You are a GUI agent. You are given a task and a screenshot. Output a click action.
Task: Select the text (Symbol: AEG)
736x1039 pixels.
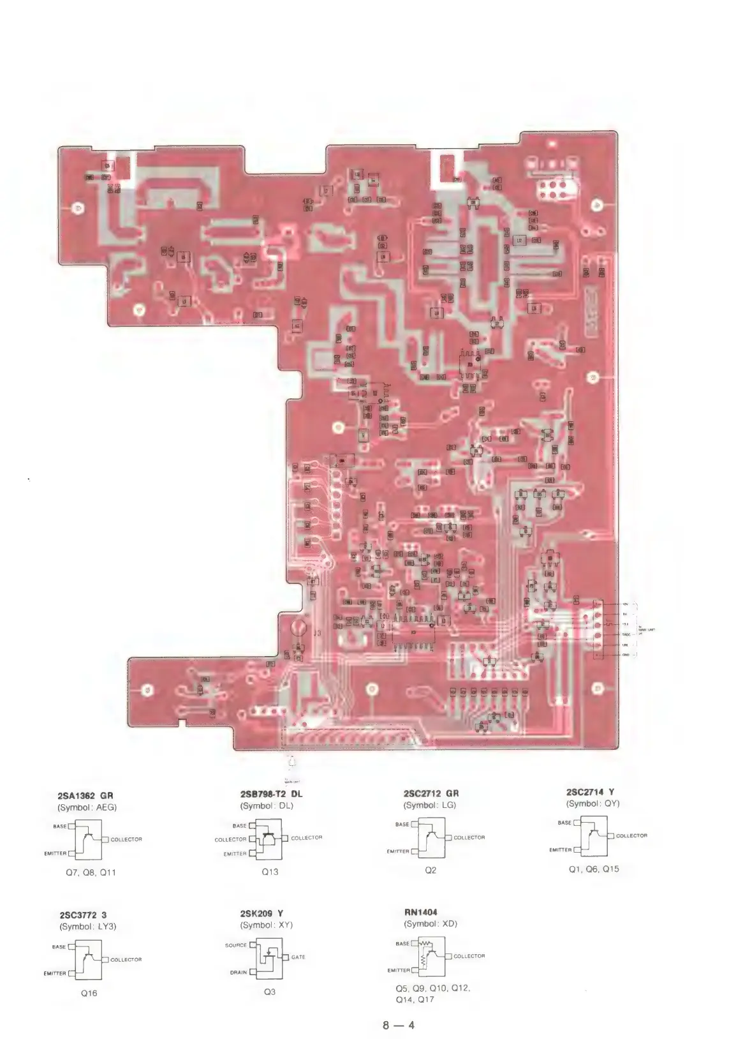click(88, 807)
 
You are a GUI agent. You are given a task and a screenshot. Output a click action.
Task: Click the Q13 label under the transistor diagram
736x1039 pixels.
click(270, 871)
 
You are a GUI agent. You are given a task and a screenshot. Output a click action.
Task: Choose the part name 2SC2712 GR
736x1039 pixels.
click(431, 793)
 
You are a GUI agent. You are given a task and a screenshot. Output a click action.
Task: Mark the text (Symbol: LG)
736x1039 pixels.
click(431, 805)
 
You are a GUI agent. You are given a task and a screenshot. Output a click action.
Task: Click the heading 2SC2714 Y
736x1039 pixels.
click(591, 792)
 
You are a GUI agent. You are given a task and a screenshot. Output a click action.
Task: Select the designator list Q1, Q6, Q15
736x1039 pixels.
click(594, 869)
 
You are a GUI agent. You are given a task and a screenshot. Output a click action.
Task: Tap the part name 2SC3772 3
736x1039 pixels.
click(84, 915)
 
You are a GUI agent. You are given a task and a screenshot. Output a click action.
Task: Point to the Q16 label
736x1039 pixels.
click(89, 993)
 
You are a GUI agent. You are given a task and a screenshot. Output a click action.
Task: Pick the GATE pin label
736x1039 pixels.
click(298, 957)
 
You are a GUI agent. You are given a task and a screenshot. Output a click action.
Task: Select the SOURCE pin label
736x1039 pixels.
click(235, 945)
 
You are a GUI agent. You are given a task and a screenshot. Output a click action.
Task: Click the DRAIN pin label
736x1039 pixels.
click(239, 973)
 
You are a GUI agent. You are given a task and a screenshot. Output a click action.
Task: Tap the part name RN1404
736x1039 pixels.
click(420, 912)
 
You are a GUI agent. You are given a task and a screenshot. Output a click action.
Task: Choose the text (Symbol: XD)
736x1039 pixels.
click(431, 923)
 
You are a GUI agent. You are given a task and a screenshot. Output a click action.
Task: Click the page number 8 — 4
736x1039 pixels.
click(399, 1026)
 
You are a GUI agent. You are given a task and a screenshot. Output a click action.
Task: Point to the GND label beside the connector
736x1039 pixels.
click(626, 655)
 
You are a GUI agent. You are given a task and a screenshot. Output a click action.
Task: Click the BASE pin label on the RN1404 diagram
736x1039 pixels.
click(402, 943)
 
